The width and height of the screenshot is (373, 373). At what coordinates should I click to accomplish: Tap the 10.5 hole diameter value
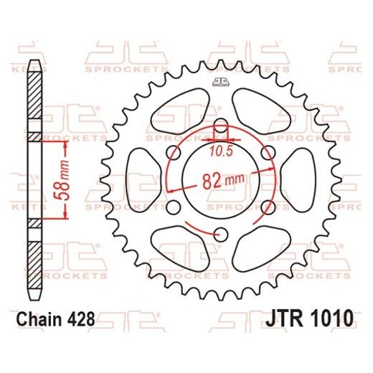(x=221, y=152)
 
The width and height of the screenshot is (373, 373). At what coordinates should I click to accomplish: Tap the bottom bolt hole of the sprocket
(x=221, y=232)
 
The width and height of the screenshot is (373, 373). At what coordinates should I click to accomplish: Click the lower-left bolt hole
(x=173, y=206)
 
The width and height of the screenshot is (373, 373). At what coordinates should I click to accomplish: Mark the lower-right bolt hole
(x=269, y=206)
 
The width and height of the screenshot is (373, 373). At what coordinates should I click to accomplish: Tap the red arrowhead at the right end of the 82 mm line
(x=274, y=167)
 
